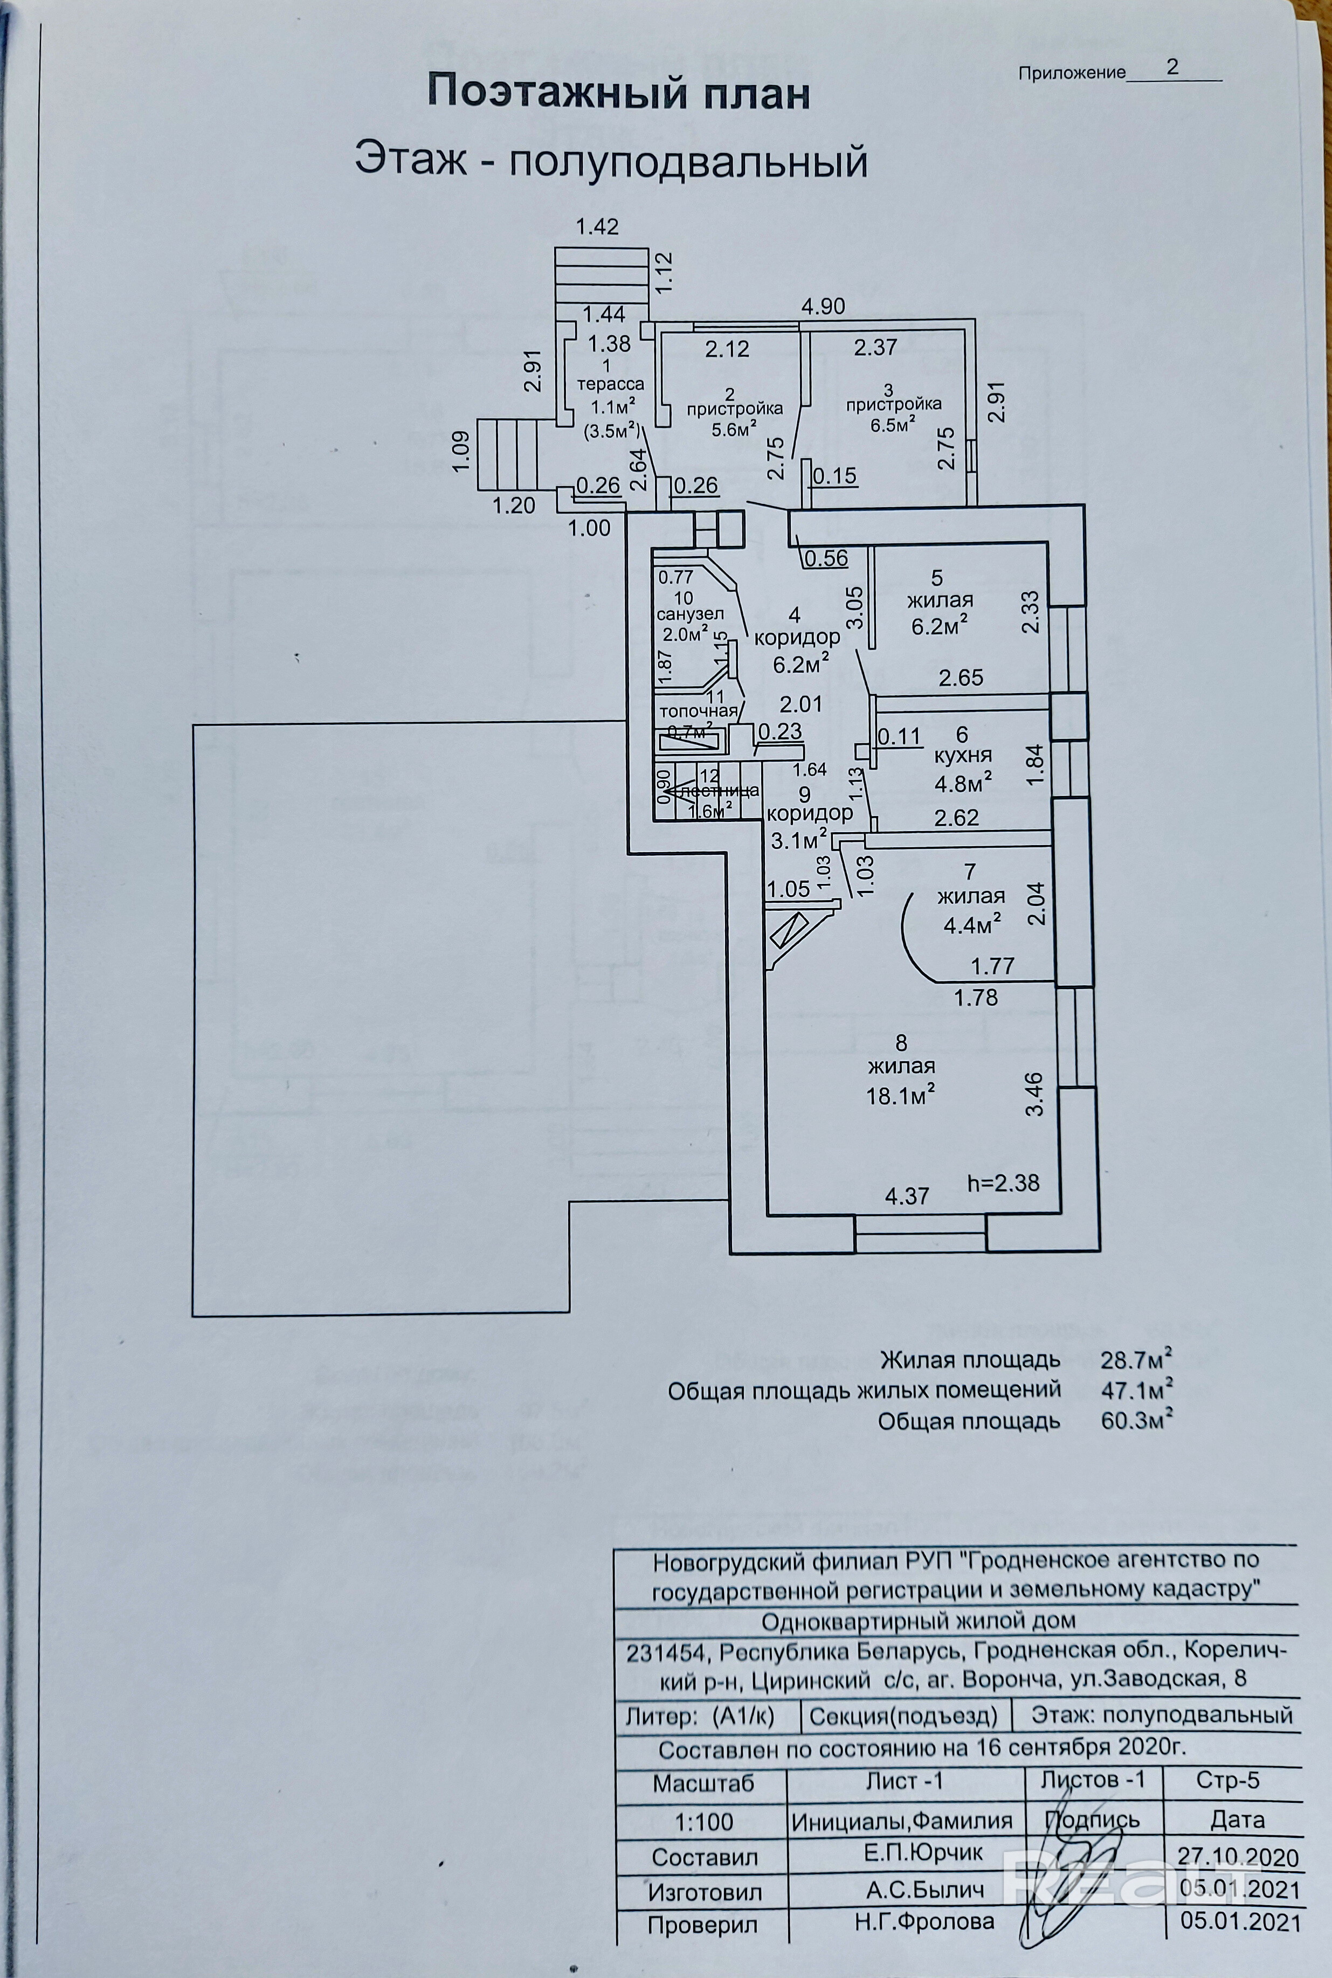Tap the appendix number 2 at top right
[x=1172, y=68]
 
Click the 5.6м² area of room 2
[x=735, y=430]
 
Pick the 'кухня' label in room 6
[x=962, y=756]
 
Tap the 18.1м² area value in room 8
[x=900, y=1096]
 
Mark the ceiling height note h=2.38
[x=1003, y=1182]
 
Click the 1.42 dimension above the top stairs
[x=597, y=227]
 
